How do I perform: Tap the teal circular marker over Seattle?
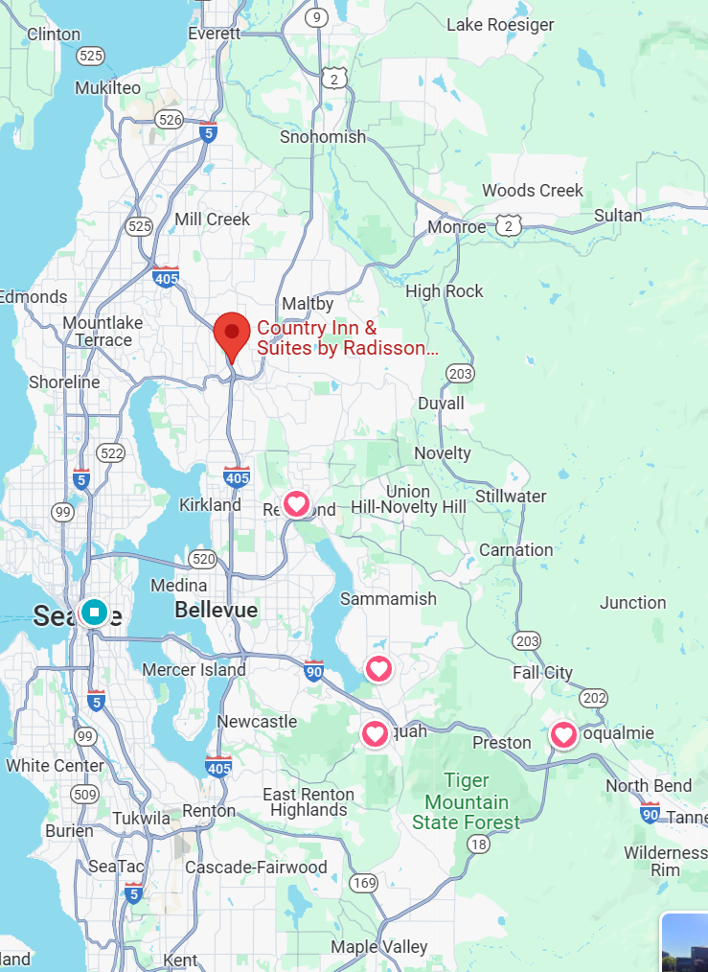coord(94,611)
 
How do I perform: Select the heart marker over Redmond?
coord(297,503)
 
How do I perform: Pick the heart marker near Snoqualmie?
coord(564,735)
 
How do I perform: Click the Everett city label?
coord(214,33)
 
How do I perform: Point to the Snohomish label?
coord(323,137)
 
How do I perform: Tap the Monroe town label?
coord(457,227)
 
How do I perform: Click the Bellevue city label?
coord(216,610)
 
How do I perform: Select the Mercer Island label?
coord(194,670)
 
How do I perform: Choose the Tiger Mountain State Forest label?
coord(467,801)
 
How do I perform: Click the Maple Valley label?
coord(379,947)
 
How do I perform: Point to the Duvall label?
coord(441,404)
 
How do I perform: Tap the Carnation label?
coord(516,550)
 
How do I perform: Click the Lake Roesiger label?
coord(500,24)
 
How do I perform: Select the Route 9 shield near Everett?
coord(317,16)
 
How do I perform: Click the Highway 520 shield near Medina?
coord(203,559)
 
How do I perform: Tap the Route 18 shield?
coord(478,844)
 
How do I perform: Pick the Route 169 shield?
coord(363,883)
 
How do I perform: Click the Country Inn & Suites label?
coord(340,338)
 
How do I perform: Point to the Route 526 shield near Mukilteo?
coord(170,119)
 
